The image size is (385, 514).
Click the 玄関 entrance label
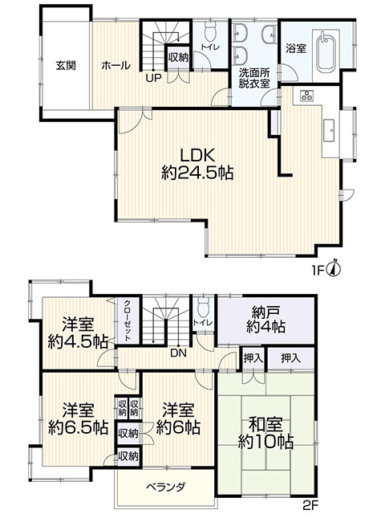point(66,66)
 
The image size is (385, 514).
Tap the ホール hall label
point(115,66)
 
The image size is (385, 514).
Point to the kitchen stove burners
point(307,96)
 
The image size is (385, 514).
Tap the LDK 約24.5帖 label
point(197,164)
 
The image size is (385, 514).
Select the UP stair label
point(153,79)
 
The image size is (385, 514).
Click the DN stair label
point(178,353)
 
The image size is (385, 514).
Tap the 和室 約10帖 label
point(265,434)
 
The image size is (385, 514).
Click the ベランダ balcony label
point(166,487)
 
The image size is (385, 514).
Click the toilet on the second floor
point(205,307)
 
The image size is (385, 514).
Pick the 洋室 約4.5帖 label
point(78,333)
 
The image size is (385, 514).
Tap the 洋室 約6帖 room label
point(178,419)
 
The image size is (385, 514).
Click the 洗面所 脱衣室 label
point(254,78)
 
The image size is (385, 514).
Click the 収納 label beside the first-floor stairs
point(178,58)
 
